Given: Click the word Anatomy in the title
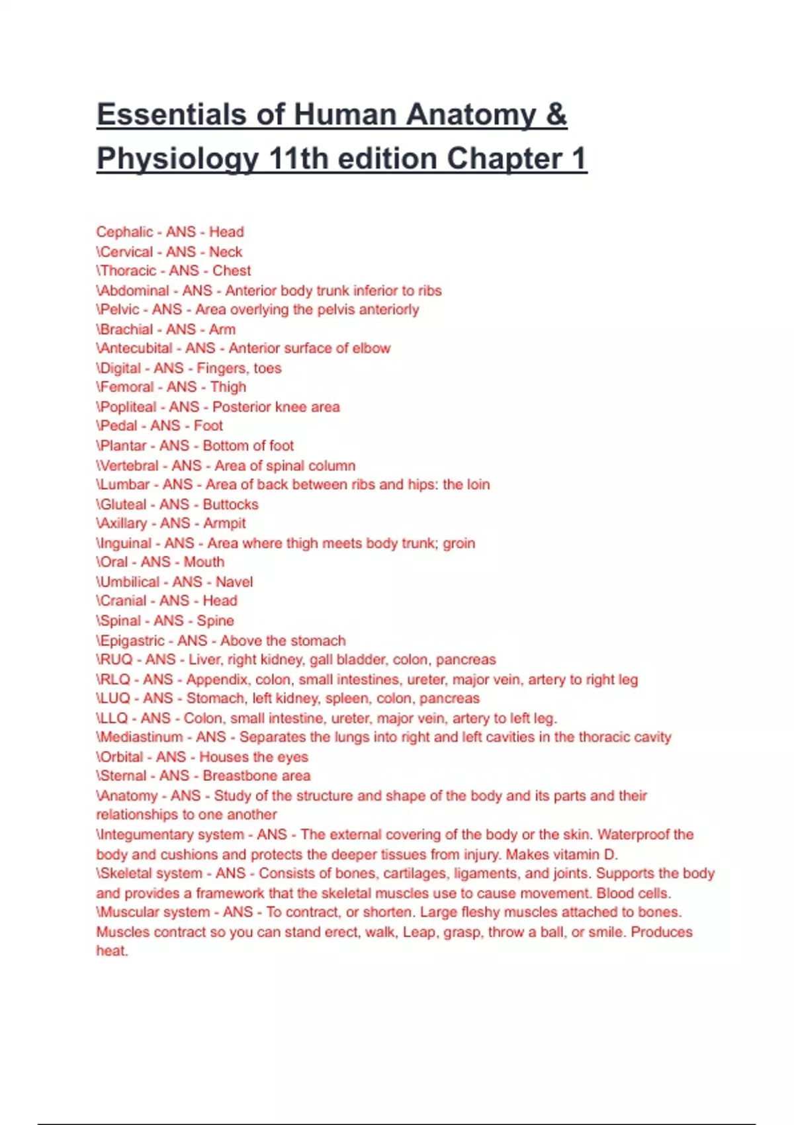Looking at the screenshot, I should point(470,114).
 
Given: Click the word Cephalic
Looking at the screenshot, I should point(124,232).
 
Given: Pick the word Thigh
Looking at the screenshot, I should point(228,386).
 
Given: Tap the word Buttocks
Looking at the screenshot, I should point(230,504).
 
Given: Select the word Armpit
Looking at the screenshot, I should point(224,523).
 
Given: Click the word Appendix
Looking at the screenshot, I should point(217,679).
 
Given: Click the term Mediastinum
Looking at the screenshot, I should point(141,737).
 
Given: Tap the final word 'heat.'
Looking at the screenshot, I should point(112,951).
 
